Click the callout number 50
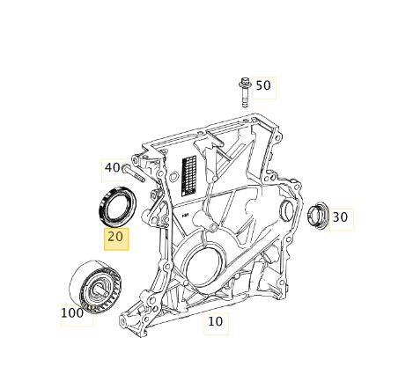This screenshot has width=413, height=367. tap(263, 86)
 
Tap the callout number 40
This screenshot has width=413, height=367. tap(113, 167)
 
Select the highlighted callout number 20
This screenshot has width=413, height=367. tap(116, 238)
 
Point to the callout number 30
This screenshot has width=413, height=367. tap(340, 217)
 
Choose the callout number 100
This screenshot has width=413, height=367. tap(72, 312)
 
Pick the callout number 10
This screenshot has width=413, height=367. tap(216, 321)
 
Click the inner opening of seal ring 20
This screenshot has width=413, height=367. tap(114, 208)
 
